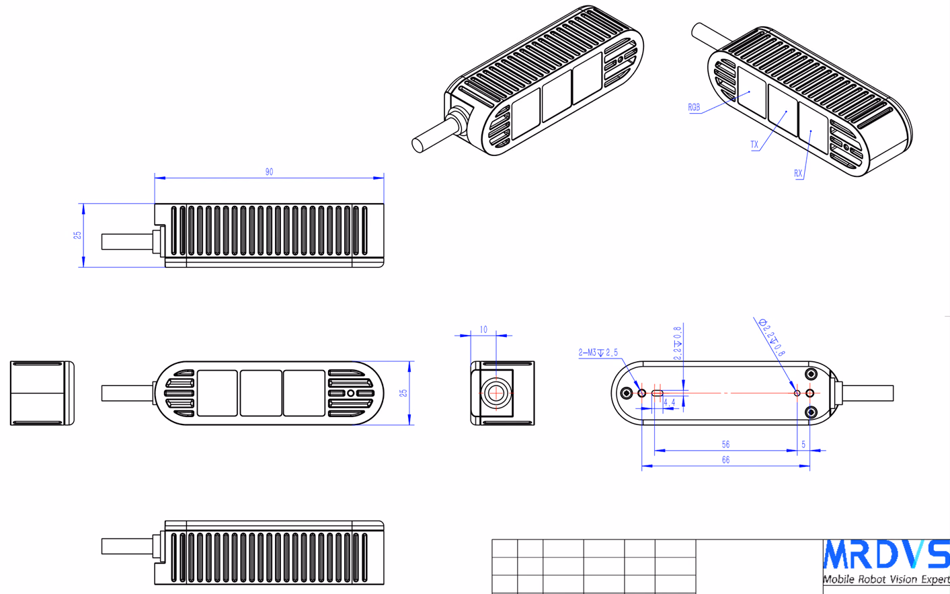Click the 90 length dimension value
270,172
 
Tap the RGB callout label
694,108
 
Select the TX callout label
754,145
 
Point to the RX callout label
798,173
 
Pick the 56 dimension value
725,444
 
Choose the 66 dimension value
725,459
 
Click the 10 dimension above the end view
483,330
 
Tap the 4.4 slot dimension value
669,402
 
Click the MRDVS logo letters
886,554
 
